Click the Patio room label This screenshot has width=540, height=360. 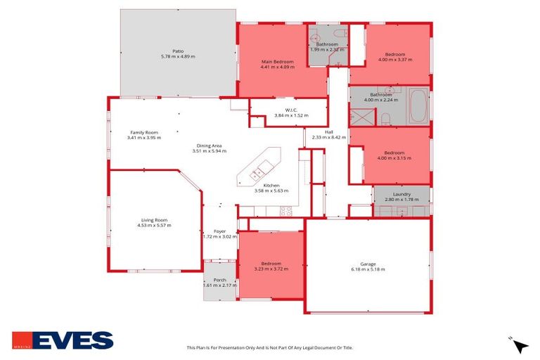click(x=177, y=51)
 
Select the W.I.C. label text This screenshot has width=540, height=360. click(x=291, y=110)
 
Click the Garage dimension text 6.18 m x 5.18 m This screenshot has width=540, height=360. click(x=368, y=269)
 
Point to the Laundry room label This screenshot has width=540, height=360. click(x=401, y=194)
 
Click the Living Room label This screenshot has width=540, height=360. click(x=154, y=219)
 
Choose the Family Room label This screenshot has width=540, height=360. click(x=144, y=132)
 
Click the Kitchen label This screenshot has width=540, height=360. click(x=271, y=186)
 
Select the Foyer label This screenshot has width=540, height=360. click(x=219, y=231)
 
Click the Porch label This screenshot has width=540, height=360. click(x=219, y=279)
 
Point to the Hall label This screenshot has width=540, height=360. click(x=328, y=131)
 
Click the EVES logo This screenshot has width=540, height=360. click(x=63, y=340)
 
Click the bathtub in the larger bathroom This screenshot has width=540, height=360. click(x=418, y=105)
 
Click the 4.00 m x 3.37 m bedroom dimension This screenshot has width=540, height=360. click(x=394, y=60)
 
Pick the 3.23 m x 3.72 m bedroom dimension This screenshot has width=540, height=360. click(x=271, y=269)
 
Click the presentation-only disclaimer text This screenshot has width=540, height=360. click(x=269, y=347)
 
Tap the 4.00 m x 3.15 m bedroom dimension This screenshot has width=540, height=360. click(x=394, y=158)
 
